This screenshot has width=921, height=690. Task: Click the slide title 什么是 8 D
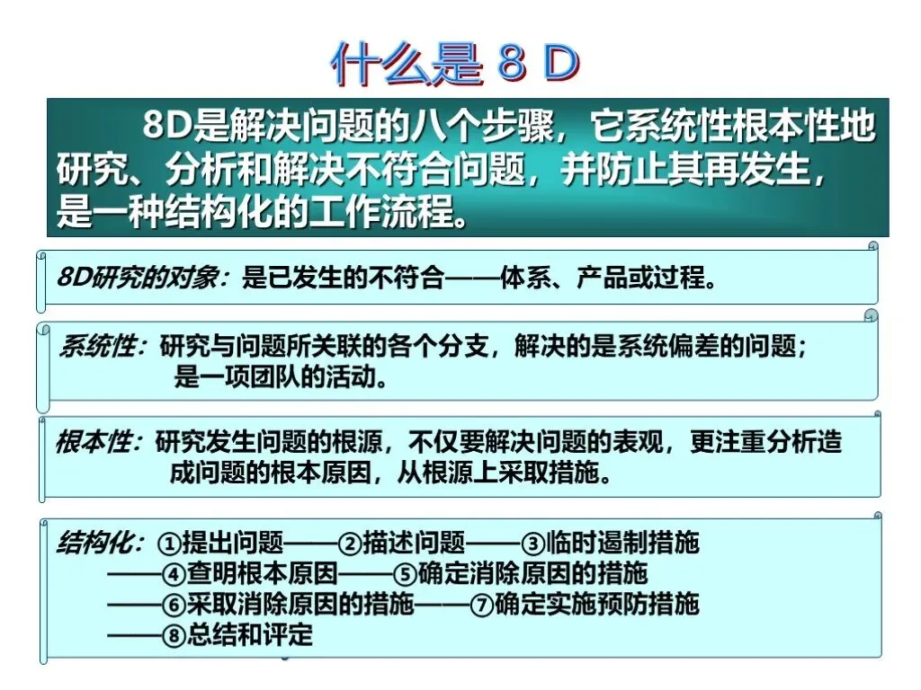(455, 63)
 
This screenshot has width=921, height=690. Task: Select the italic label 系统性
(97, 346)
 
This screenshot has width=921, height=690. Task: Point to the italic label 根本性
(94, 442)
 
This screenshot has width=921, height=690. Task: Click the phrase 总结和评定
(250, 635)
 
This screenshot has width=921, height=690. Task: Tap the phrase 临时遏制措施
(623, 543)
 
